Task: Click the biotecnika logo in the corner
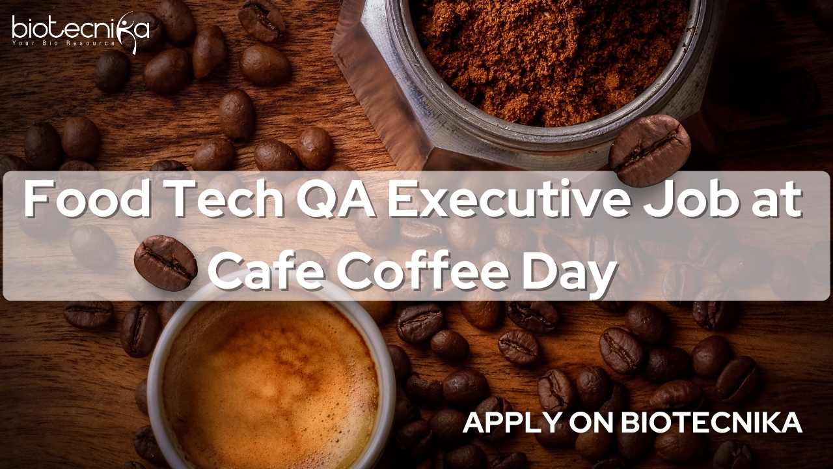81,33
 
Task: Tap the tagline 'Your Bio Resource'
64,44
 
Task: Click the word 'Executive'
510,199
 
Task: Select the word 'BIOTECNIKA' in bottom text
711,423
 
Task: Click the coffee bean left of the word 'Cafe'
165,263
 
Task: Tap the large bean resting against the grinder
649,150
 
